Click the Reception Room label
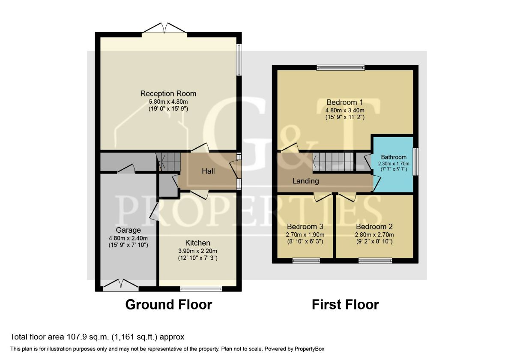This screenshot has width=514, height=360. [x=168, y=93]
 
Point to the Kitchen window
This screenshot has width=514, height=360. [x=201, y=289]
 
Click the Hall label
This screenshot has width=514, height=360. [x=208, y=171]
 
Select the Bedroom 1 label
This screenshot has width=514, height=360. [x=345, y=102]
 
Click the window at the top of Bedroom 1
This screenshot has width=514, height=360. [x=341, y=67]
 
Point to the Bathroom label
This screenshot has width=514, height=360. [x=393, y=157]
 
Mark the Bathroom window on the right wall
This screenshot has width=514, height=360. [x=415, y=161]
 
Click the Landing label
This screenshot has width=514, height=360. [x=305, y=181]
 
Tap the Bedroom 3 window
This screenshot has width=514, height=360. [x=306, y=261]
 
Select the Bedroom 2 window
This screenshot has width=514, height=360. [x=375, y=261]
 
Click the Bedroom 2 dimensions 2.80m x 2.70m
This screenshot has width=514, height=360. [x=374, y=235]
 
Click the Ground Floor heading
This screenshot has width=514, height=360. [x=168, y=305]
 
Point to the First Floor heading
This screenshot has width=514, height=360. [x=345, y=305]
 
